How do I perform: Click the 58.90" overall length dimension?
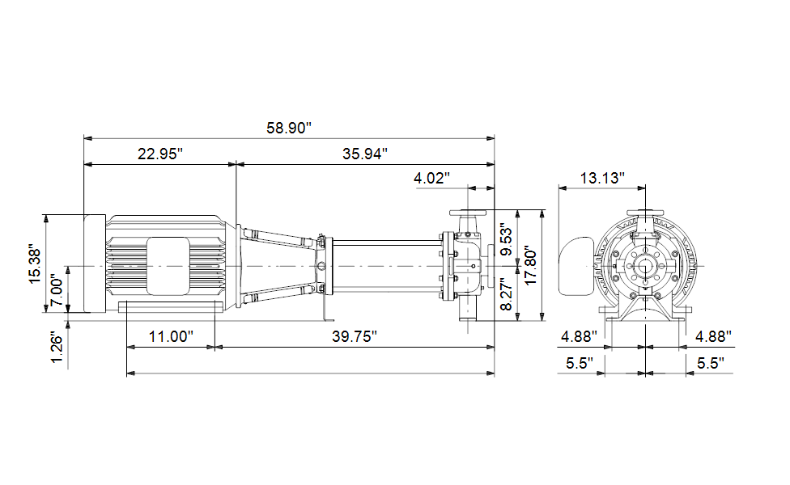coord(289,128)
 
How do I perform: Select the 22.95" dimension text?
coord(160,154)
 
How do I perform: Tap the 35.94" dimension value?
coord(365,154)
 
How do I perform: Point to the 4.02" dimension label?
coord(431,178)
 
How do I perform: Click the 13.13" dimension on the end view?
coord(602,178)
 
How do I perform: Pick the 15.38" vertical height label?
coord(35,264)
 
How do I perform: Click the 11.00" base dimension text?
coord(172,336)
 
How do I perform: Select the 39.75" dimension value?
coord(355,336)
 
